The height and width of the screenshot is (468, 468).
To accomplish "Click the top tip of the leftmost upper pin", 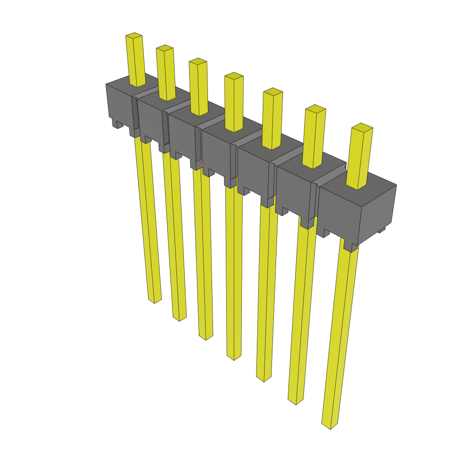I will pyautogui.click(x=134, y=36).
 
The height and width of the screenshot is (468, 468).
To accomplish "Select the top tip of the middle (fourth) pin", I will pyautogui.click(x=234, y=76).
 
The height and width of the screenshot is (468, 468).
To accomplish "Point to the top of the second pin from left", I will pyautogui.click(x=165, y=48).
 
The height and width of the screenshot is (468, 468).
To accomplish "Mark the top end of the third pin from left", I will pyautogui.click(x=198, y=61).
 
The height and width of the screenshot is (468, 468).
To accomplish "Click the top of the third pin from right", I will pyautogui.click(x=273, y=91).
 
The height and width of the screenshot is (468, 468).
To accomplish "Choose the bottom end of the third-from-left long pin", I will pyautogui.click(x=206, y=337).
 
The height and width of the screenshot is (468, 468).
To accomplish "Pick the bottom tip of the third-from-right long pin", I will pyautogui.click(x=264, y=378).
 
